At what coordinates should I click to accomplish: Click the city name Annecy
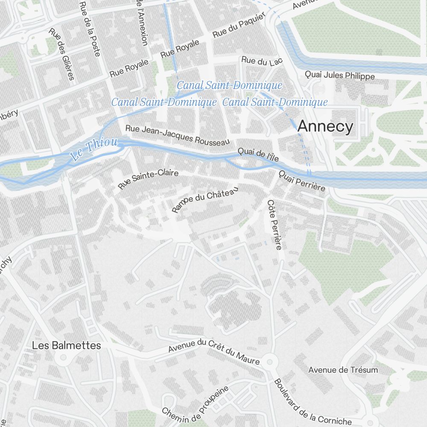pos(325,127)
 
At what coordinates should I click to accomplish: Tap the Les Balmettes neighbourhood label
pos(67,345)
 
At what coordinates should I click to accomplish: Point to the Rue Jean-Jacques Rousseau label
pos(178,135)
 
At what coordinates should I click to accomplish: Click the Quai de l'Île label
pos(258,155)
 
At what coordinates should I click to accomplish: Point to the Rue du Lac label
pos(262,61)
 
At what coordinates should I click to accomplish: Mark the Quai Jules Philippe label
pos(339,76)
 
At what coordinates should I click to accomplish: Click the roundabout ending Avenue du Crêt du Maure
pos(269,362)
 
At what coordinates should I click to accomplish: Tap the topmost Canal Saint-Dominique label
pos(229,85)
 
